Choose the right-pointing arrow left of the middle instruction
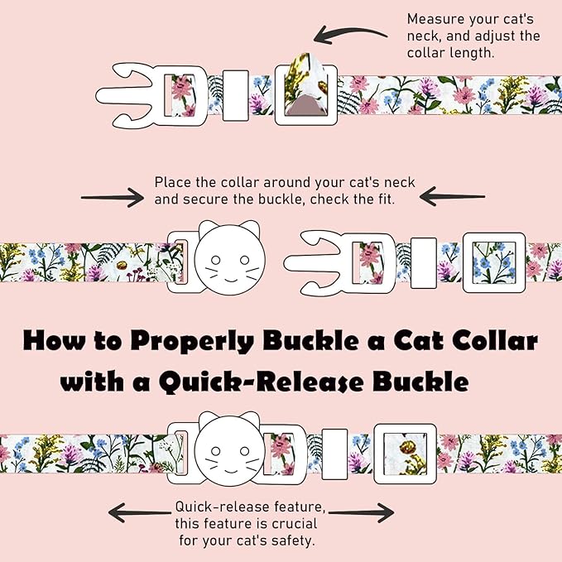(x=113, y=197)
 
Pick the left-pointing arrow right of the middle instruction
(x=452, y=197)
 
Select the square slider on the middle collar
(x=491, y=257)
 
